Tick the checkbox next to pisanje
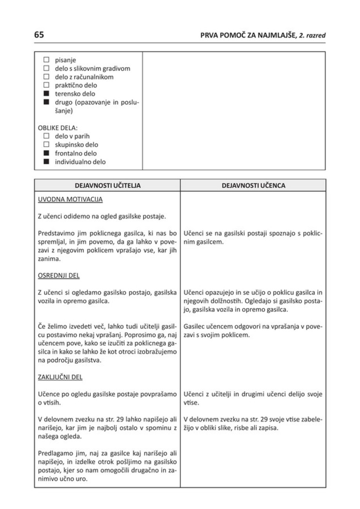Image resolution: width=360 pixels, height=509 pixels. pos(46,60)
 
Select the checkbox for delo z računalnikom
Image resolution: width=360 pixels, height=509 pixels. pos(46,77)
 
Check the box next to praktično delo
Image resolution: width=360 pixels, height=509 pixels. pos(46,85)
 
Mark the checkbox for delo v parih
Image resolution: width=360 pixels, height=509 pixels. pos(46,137)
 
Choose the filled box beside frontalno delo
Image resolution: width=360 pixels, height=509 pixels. pos(46,153)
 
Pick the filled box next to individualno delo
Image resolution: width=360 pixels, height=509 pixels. pos(46,161)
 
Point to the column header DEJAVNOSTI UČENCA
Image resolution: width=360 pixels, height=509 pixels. pos(253,186)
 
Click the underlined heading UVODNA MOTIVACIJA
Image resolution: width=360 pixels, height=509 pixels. pos(70,200)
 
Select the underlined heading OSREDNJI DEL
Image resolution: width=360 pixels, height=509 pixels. pos(58,275)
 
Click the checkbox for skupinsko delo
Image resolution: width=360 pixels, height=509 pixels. pos(46,145)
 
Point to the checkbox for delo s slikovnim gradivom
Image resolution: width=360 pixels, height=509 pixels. pos(46,69)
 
